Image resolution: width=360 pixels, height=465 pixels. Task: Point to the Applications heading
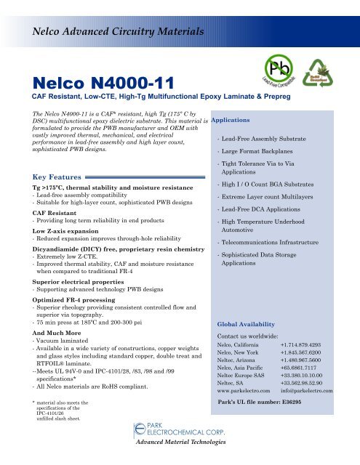pyautogui.click(x=231, y=118)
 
